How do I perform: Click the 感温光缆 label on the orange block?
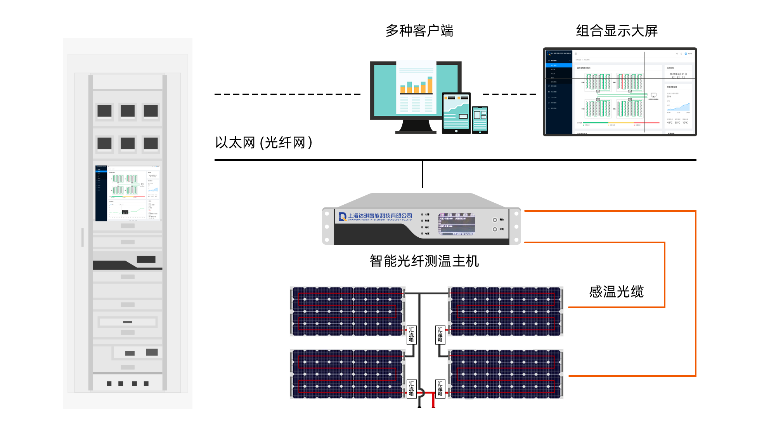tap(616, 292)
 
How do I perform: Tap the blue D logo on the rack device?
tap(342, 217)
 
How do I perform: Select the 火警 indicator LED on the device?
tap(422, 214)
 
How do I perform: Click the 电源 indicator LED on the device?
tap(422, 233)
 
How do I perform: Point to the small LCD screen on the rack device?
tap(457, 224)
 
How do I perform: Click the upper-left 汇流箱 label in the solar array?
tap(411, 334)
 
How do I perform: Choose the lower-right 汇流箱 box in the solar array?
tap(440, 388)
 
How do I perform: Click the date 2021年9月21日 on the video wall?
tap(678, 74)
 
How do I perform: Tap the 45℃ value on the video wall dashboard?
tap(670, 123)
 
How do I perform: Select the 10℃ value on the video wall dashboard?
tap(685, 123)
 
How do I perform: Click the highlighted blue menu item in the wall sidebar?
tap(559, 65)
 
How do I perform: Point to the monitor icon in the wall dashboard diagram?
tap(653, 95)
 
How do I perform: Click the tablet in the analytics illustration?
tap(456, 112)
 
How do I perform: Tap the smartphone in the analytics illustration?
tap(480, 120)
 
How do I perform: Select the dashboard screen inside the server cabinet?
tap(128, 193)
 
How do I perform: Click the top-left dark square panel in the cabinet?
tap(104, 111)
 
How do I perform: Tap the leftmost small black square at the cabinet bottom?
tap(109, 383)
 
